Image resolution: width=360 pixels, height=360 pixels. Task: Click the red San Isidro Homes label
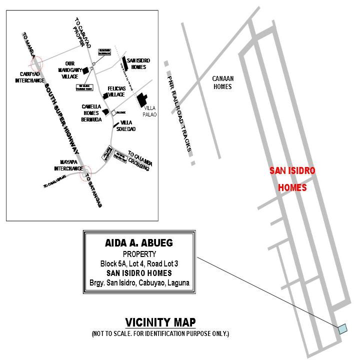[x=292, y=179]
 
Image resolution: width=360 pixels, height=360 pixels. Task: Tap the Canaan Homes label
[x=223, y=82]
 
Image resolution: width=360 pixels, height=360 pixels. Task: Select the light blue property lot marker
[x=342, y=328]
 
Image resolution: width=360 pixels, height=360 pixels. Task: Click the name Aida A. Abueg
[x=139, y=243]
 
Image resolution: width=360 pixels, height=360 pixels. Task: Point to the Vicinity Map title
[x=160, y=322]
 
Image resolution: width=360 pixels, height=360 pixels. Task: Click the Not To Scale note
[x=160, y=333]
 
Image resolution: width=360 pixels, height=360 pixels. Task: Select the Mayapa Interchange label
[x=68, y=165]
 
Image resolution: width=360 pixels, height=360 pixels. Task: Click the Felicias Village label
[x=116, y=91]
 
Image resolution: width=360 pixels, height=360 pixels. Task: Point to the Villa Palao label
[x=150, y=111]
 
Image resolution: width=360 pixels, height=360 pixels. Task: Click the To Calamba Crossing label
[x=138, y=160]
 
